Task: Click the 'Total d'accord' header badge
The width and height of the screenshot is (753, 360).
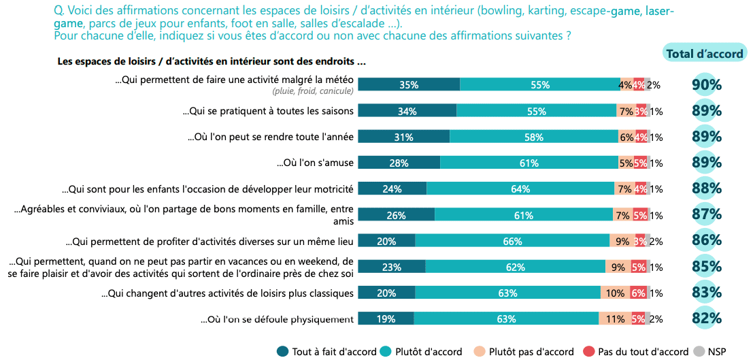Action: pyautogui.click(x=704, y=54)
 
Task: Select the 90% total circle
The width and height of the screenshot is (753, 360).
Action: pyautogui.click(x=706, y=85)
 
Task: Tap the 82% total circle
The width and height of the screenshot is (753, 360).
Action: pyautogui.click(x=706, y=318)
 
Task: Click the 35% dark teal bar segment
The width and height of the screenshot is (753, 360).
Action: pyautogui.click(x=409, y=85)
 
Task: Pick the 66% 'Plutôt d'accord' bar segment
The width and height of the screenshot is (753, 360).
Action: pyautogui.click(x=512, y=241)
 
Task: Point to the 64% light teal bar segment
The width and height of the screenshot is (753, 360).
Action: pyautogui.click(x=520, y=189)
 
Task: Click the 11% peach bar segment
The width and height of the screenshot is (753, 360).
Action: pyautogui.click(x=614, y=318)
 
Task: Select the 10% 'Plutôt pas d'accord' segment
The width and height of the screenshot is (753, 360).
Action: pyautogui.click(x=614, y=293)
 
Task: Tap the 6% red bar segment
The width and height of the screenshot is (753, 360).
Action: pyautogui.click(x=638, y=293)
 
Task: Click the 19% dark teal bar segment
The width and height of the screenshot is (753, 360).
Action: pyautogui.click(x=386, y=318)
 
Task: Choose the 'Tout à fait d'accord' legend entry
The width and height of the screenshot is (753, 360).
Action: pyautogui.click(x=327, y=352)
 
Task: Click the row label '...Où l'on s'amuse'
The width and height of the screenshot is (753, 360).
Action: pyautogui.click(x=315, y=163)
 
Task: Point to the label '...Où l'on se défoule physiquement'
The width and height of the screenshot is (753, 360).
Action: pyautogui.click(x=277, y=319)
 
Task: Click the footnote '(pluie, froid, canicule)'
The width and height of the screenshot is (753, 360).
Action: pyautogui.click(x=312, y=91)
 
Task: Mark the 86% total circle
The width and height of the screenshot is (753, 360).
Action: pyautogui.click(x=706, y=240)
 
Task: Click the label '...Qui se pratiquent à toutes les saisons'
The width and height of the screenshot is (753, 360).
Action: pyautogui.click(x=268, y=111)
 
